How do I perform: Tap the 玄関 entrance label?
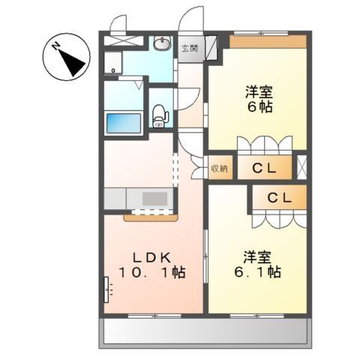pos(190,49)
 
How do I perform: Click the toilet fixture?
pos(158,115)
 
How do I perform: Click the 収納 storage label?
pos(219,169)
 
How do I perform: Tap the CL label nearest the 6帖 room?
pos(262,168)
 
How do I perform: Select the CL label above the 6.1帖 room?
pos(280,198)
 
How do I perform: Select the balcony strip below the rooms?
pos(206,329)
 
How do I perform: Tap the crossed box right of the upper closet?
pos(301,167)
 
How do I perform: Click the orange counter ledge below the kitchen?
pos(150,218)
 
